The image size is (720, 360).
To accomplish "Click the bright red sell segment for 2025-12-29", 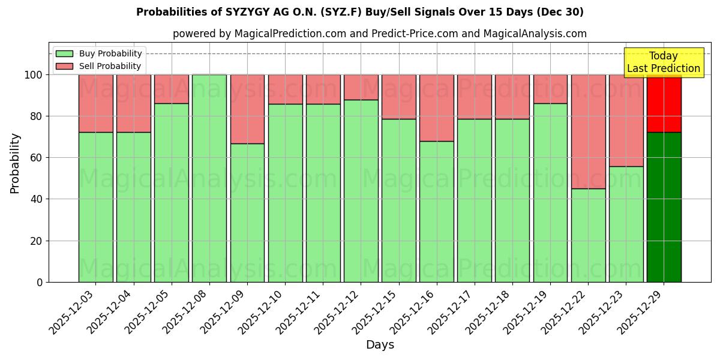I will pos(664,103).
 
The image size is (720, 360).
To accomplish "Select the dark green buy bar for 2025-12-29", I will pos(664,207).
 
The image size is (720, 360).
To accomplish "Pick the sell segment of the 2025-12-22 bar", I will pos(588,131).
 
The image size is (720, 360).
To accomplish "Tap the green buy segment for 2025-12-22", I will pos(588,235).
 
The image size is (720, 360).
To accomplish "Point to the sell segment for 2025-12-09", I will pos(247,109).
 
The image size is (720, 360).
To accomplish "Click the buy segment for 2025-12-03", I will pos(95,207).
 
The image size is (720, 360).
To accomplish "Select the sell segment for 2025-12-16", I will pos(436,108).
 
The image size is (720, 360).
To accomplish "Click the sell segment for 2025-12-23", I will pos(626,120).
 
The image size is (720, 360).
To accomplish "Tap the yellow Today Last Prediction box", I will pos(664,62).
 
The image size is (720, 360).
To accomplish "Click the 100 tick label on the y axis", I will pos(34,75).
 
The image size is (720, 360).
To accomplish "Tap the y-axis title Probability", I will pos(15,163).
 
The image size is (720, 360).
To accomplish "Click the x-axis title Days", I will pos(380,345).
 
